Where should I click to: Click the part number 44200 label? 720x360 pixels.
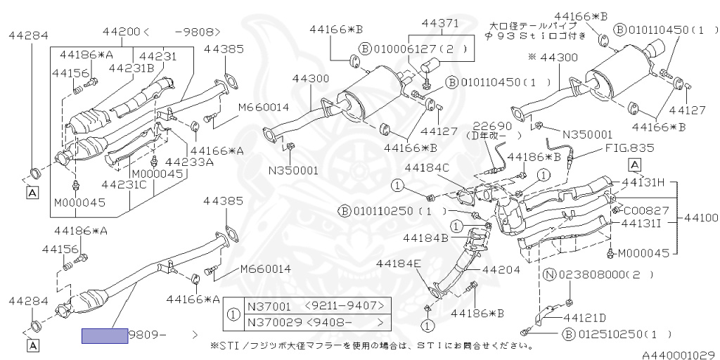tap(122, 32)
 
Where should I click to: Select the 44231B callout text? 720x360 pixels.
tap(131, 68)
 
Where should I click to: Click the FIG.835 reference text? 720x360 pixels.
tap(629, 148)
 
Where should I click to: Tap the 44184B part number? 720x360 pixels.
tap(425, 238)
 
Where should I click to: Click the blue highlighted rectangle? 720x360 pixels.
tap(104, 336)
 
